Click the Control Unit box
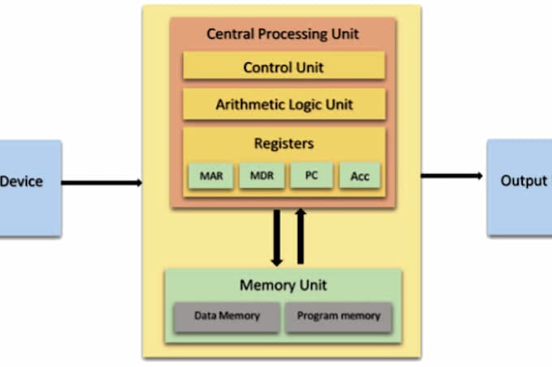tap(283, 67)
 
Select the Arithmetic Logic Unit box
tap(283, 105)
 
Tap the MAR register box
tap(209, 176)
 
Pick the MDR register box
tap(261, 176)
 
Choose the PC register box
tap(309, 176)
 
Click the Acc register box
tap(359, 176)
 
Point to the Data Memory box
tap(226, 316)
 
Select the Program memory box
tap(338, 316)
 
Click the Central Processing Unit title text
tap(282, 34)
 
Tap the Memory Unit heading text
tap(282, 285)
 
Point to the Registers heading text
tap(283, 144)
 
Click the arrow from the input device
tap(102, 182)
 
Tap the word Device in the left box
tap(21, 181)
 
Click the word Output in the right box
tap(524, 181)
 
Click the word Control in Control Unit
tap(267, 67)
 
